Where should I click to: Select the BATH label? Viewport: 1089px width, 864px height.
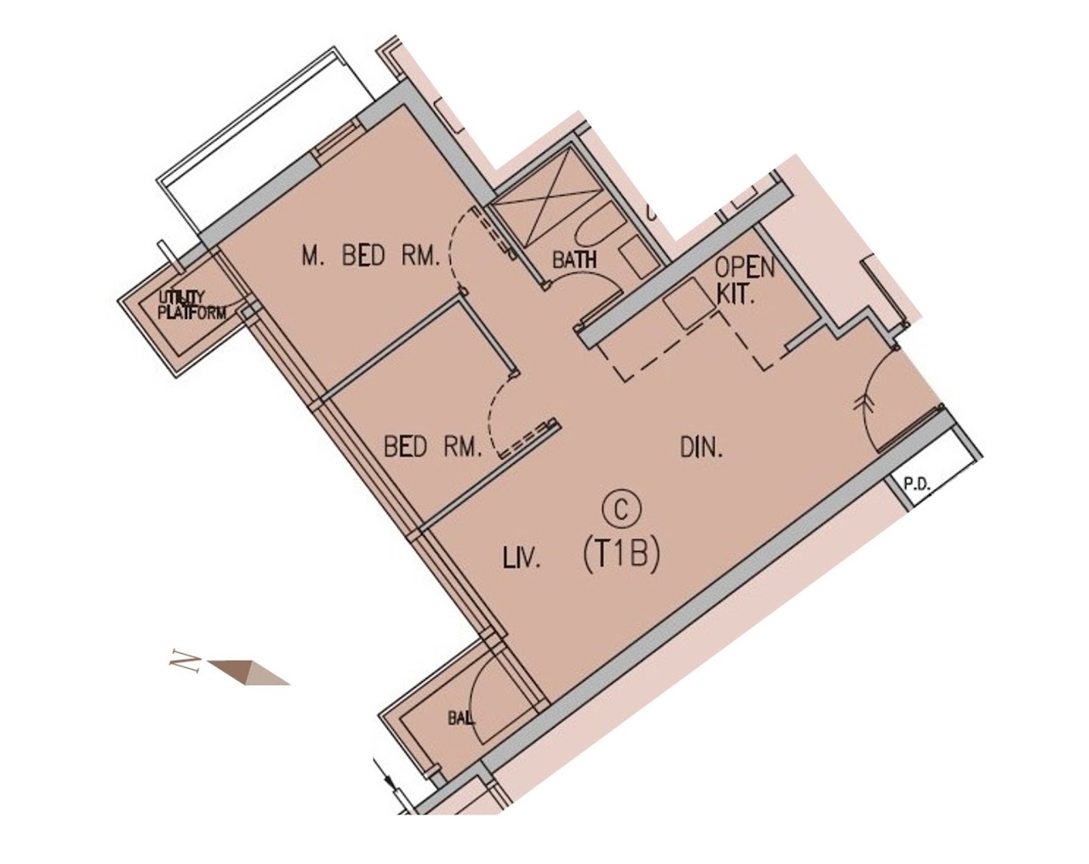point(574,260)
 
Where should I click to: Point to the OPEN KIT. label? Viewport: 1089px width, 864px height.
point(745,280)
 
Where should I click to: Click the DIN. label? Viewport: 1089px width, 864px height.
point(701,448)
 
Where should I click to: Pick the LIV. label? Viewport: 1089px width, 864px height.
point(522,561)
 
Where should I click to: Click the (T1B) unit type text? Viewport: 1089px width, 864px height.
point(621,556)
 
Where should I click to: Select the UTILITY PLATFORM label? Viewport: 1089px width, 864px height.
point(191,305)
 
